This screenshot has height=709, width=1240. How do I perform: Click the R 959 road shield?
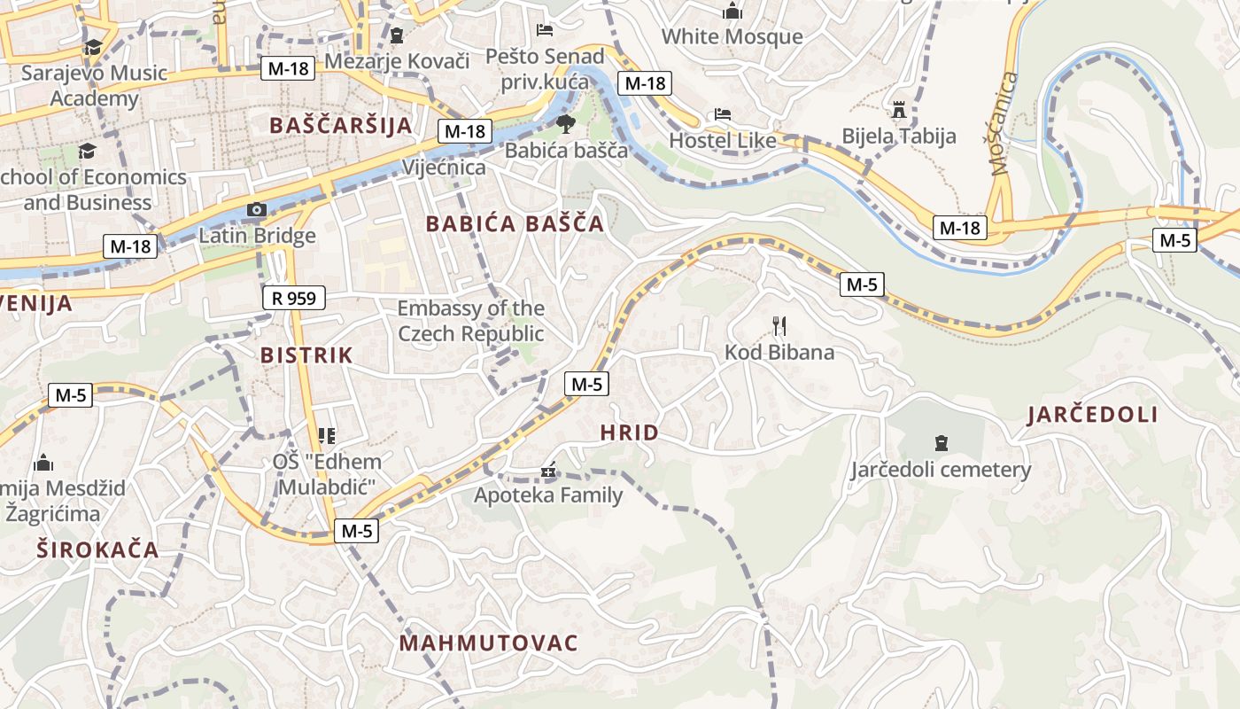(294, 298)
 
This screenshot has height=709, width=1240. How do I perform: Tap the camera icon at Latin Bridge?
(257, 209)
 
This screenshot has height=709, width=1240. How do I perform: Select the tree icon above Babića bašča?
(566, 124)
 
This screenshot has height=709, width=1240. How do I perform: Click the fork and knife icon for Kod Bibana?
(779, 326)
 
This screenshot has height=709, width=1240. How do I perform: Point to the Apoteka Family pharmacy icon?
(549, 470)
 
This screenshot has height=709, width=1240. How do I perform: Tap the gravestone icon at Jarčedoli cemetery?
(941, 443)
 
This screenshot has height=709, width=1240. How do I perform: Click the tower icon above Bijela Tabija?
(899, 110)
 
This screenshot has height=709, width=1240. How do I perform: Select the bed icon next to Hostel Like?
(723, 115)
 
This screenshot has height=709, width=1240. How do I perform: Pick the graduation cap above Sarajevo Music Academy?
(93, 47)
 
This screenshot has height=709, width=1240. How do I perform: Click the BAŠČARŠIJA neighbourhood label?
(341, 126)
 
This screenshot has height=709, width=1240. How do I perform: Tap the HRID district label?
(629, 433)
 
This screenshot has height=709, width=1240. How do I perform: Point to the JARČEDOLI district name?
(1093, 415)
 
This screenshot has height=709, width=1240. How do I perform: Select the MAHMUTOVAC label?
(489, 643)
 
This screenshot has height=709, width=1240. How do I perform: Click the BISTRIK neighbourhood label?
(306, 355)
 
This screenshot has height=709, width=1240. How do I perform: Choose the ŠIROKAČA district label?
(97, 549)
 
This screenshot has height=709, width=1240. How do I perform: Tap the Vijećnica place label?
(444, 168)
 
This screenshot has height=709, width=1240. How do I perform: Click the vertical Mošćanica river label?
(1002, 124)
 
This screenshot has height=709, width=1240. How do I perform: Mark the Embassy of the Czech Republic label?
(470, 321)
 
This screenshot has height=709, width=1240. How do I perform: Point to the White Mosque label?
(732, 36)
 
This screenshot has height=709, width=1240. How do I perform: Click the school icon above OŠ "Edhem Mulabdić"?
(326, 435)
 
